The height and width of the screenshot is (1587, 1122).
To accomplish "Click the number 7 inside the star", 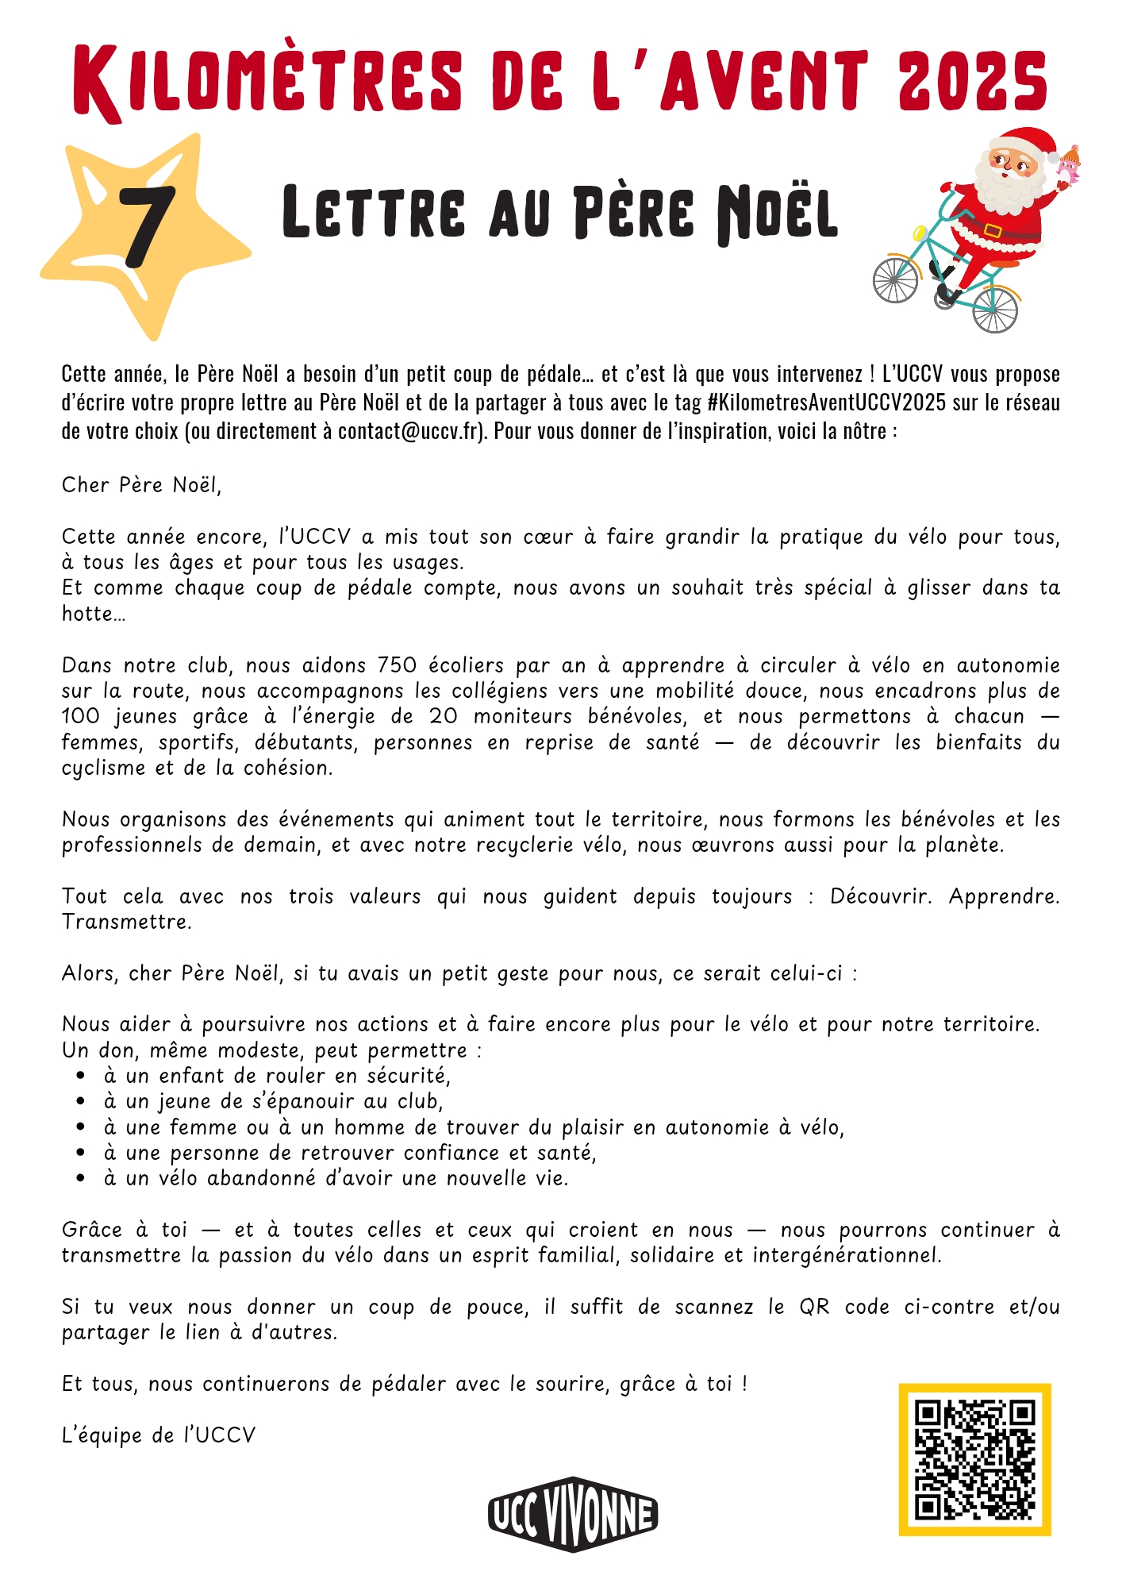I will (147, 227).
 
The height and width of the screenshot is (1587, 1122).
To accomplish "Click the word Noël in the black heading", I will (777, 213).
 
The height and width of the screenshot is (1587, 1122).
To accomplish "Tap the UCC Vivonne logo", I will (573, 1514).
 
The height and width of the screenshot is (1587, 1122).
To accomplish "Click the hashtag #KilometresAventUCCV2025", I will (826, 403).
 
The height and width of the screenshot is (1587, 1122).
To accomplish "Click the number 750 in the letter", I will (397, 664).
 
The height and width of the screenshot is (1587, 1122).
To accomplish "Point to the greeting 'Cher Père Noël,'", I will (141, 485).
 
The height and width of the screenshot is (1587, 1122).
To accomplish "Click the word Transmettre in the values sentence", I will (126, 922).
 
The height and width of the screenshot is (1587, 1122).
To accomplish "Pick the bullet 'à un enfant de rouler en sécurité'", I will (277, 1076).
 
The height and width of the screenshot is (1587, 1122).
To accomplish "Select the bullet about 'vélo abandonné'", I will (336, 1178).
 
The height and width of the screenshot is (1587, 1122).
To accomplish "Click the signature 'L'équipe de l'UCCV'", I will (159, 1435).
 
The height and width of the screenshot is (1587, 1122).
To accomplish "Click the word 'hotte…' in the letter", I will (94, 614).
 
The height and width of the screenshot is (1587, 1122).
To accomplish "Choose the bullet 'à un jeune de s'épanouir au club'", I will (273, 1101).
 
